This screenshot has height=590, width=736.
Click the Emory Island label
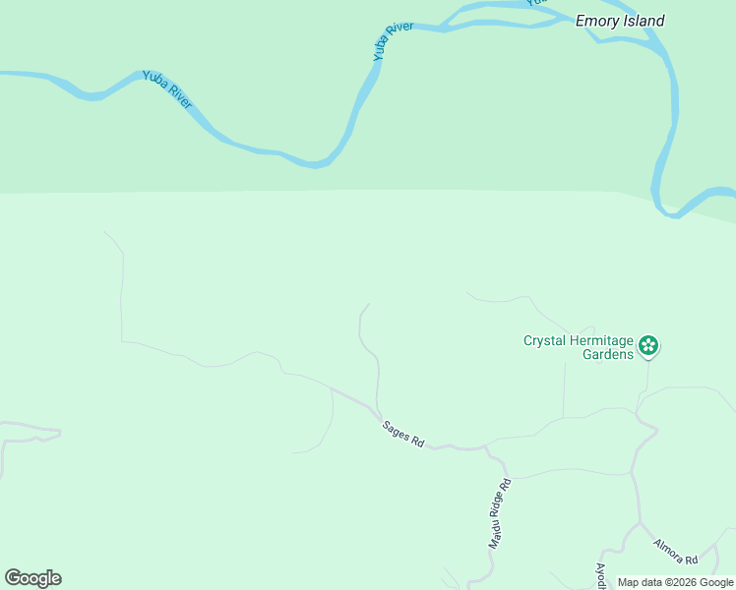(620, 21)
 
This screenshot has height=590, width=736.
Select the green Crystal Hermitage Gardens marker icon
(648, 345)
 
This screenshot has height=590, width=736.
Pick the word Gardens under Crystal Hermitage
(607, 355)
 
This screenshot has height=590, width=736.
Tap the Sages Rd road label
(402, 434)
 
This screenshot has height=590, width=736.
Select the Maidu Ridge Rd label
(501, 513)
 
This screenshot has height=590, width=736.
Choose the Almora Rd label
(675, 551)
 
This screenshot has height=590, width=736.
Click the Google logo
(32, 578)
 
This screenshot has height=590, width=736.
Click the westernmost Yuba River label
(167, 88)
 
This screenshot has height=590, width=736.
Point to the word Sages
(397, 430)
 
